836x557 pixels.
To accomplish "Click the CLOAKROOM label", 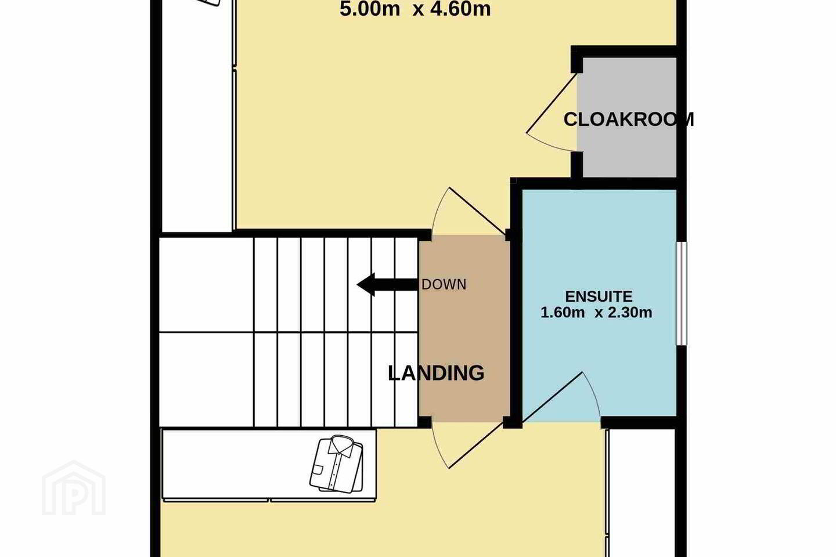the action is point(629,120).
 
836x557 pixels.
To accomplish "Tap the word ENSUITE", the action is point(599,296).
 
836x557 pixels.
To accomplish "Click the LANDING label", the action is point(436,373).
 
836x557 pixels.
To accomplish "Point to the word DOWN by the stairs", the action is point(444,285).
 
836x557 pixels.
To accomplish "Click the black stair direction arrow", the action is point(387,285).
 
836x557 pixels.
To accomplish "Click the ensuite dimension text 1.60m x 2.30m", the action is point(596,313).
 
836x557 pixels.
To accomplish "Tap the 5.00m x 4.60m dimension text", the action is point(415,9).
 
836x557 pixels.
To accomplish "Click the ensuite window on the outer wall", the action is point(682,294).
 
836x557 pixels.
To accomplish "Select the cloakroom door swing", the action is point(552,112).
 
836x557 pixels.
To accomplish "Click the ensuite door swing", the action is point(561,397).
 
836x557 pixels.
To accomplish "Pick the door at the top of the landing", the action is point(470,211).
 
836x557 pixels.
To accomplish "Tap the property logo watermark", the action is point(74,489).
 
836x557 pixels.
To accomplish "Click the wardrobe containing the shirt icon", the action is point(269,465).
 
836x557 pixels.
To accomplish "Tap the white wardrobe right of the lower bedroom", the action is point(641,493).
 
